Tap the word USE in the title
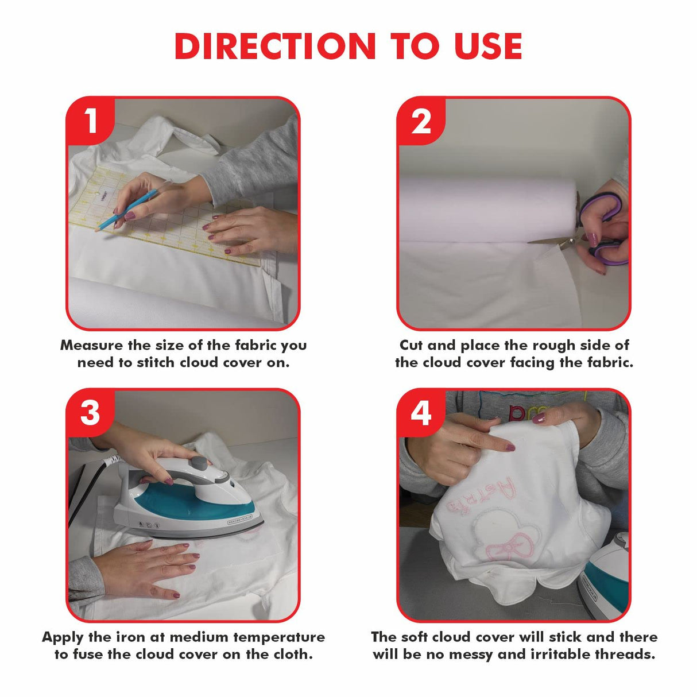click(x=488, y=47)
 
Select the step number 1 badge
click(x=90, y=121)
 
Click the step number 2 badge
click(x=421, y=121)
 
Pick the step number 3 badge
click(x=90, y=412)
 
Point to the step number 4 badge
click(x=421, y=412)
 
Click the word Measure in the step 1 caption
click(x=91, y=345)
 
